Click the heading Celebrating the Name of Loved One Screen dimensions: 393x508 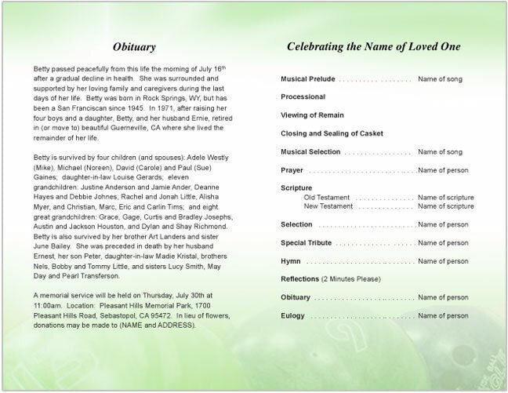tap(374, 46)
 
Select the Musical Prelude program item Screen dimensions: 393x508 tap(310, 80)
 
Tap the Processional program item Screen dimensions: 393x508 tap(303, 97)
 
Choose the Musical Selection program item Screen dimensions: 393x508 tap(310, 151)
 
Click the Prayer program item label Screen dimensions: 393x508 tap(292, 169)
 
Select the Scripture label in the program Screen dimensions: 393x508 tap(296, 187)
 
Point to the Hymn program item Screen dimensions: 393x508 tap(291, 260)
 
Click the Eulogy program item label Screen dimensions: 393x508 tap(293, 315)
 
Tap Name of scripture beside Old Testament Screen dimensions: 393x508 tap(446, 197)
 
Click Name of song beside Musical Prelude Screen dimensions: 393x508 tap(441, 80)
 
